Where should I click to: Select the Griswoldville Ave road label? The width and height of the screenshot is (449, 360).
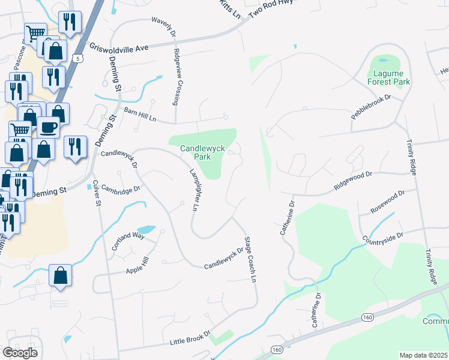tap(119, 46)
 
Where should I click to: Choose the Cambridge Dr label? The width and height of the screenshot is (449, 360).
tap(120, 188)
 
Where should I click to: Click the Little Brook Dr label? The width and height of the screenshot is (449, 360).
tap(190, 338)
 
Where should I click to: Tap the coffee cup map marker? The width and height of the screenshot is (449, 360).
tap(49, 127)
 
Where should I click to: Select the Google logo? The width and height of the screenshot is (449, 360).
tap(20, 352)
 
